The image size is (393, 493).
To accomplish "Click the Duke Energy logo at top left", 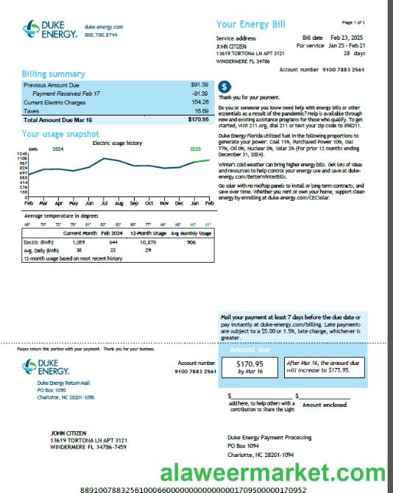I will tap(49, 30).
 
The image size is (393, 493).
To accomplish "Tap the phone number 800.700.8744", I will tap(101, 35).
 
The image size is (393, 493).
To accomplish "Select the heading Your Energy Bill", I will tap(250, 24).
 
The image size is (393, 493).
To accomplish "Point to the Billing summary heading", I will tap(53, 74).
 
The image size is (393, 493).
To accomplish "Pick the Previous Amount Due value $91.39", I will tap(199, 85).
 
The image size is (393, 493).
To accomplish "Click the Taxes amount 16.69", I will tap(201, 110).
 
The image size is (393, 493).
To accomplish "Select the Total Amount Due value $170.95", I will tap(198, 118).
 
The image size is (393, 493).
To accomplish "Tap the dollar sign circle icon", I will tap(224, 87).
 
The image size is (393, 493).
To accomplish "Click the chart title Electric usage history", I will tap(117, 143).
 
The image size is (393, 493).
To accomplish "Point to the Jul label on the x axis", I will tap(104, 202).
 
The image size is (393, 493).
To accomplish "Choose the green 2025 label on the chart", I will tap(195, 149).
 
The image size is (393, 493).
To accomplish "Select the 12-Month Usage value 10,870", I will tap(147, 241).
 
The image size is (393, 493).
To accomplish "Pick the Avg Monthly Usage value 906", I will tap(191, 241).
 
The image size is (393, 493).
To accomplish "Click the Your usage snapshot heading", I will tap(60, 134).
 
